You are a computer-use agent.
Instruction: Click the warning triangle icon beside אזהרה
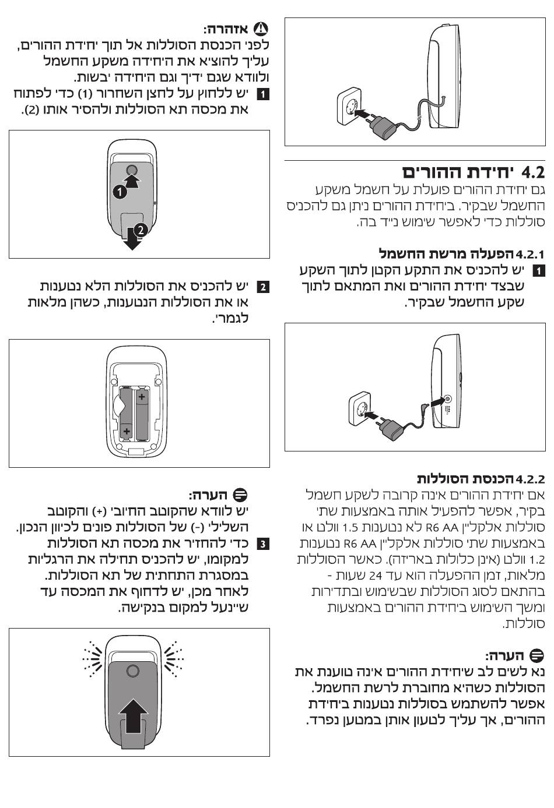[261, 29]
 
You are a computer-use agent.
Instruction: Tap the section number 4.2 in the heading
[533, 173]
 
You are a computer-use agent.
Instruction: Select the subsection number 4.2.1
[530, 255]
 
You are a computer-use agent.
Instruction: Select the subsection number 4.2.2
[530, 479]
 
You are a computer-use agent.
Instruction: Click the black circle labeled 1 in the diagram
[120, 192]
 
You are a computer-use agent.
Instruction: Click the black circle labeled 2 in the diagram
[141, 230]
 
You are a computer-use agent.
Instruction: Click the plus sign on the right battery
[142, 397]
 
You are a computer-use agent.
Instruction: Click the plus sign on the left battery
[126, 431]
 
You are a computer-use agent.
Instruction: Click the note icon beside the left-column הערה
[240, 495]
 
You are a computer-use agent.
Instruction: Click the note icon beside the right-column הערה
[537, 655]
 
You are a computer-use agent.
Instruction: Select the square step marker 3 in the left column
[263, 544]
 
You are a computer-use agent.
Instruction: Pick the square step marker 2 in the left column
[263, 287]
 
